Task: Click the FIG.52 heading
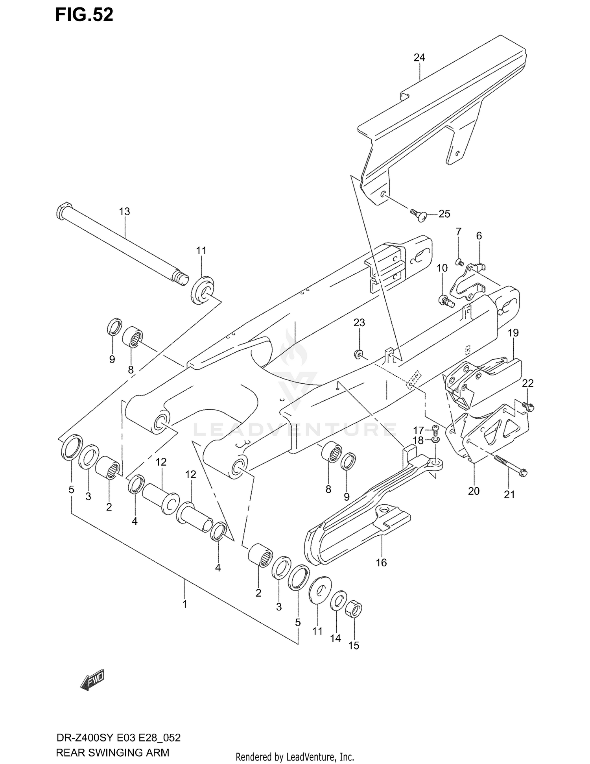coord(84,15)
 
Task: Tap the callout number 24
coord(419,57)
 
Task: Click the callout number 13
coord(124,211)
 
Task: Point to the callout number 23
coord(359,323)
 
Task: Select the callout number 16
coord(381,562)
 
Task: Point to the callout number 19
coord(513,333)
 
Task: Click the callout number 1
coord(184,603)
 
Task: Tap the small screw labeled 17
coord(435,429)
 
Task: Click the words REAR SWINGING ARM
coord(112,752)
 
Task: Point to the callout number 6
coord(479,236)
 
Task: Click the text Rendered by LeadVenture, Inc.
coord(295,757)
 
